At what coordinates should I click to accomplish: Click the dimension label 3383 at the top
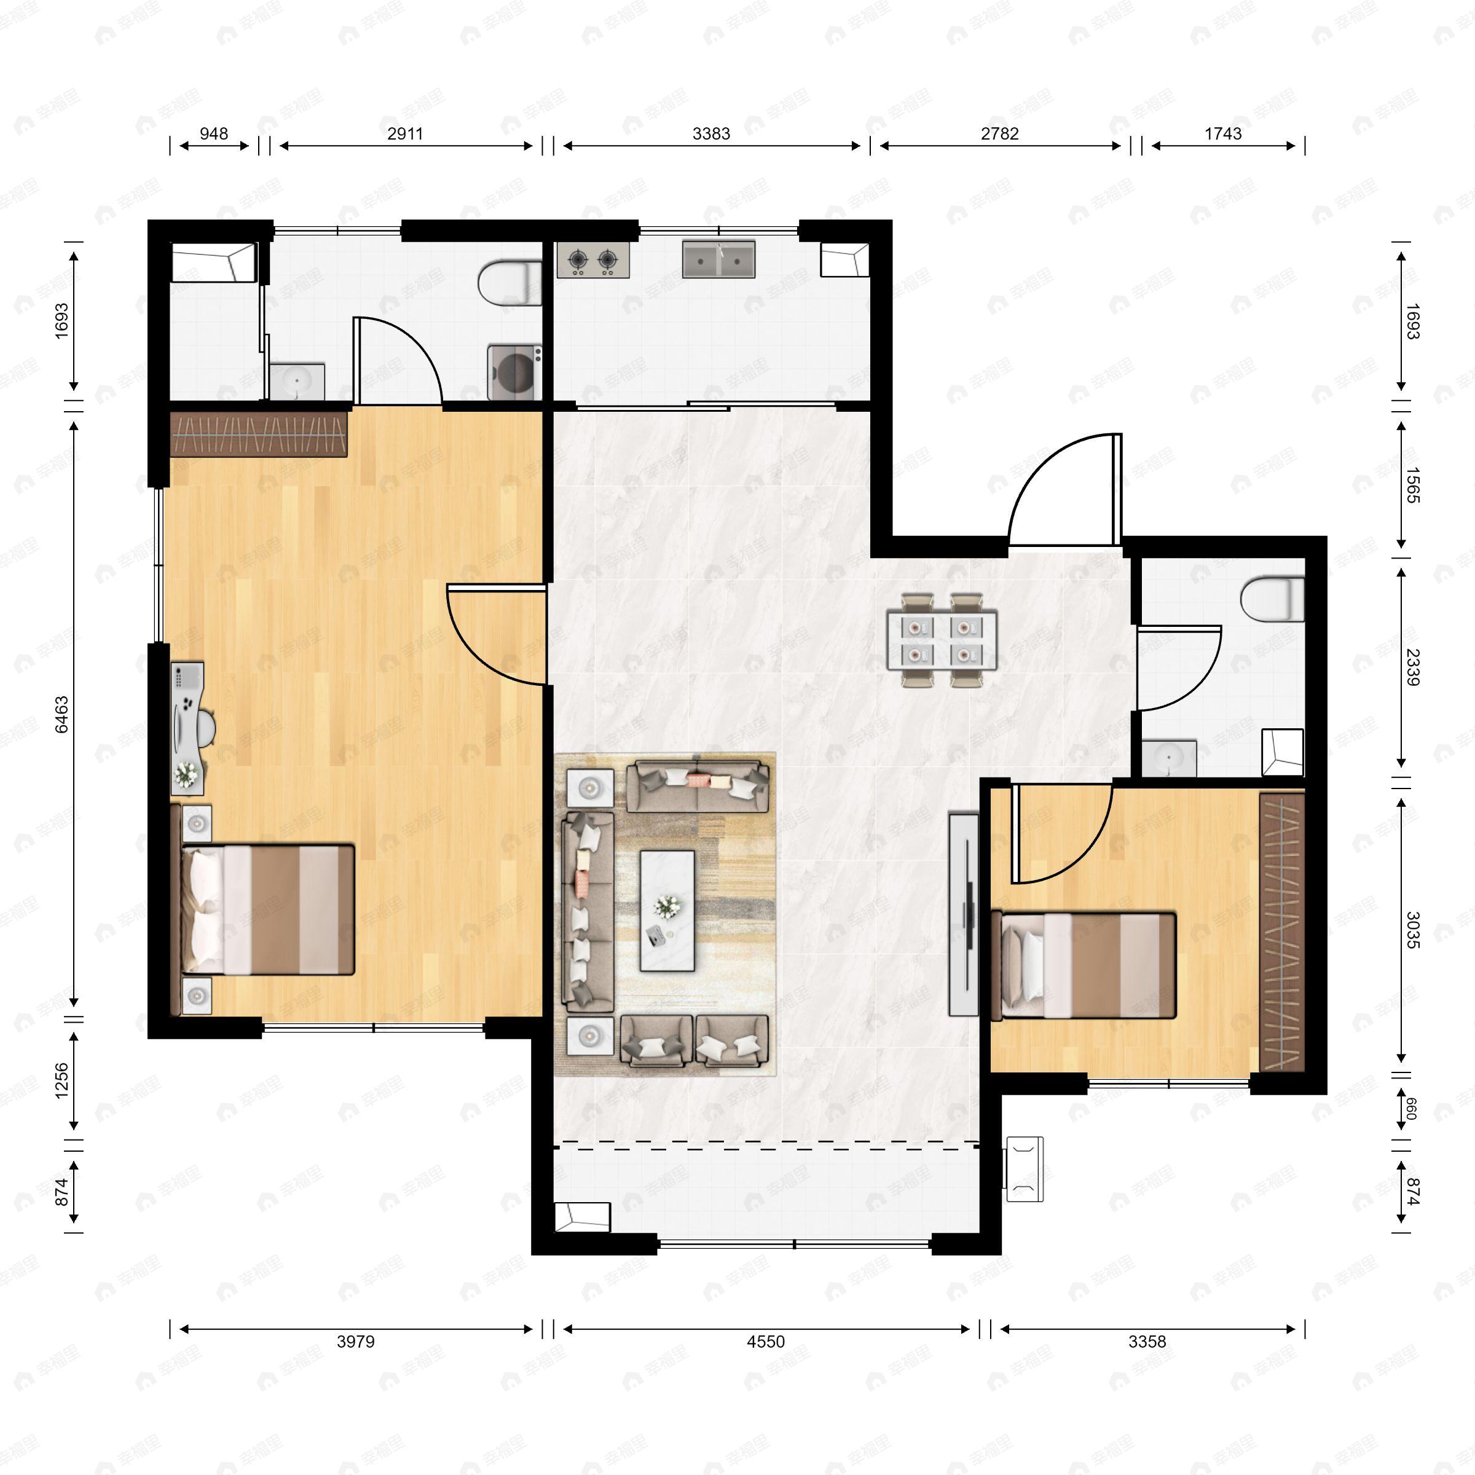(711, 133)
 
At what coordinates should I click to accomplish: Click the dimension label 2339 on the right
(1412, 666)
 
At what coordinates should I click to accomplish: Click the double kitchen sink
(718, 259)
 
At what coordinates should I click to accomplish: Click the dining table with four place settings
(942, 640)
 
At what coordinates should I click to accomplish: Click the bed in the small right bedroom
(1084, 965)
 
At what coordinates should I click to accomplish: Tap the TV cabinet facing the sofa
(962, 914)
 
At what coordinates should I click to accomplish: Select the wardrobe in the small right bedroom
(1281, 932)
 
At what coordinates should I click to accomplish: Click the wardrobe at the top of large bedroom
(259, 435)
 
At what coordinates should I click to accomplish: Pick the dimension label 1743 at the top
(1222, 133)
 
